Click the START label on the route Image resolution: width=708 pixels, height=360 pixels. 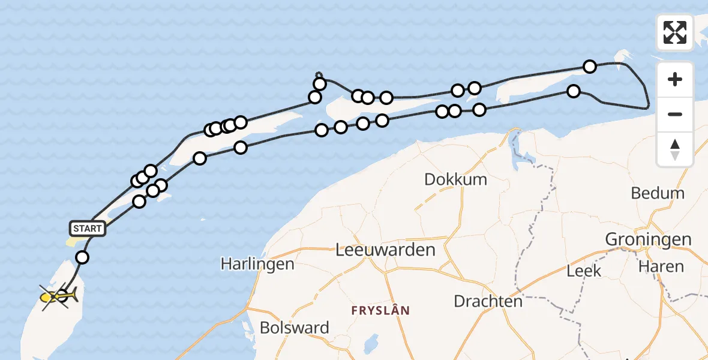(88, 228)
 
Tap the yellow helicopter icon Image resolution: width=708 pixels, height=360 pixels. (59, 296)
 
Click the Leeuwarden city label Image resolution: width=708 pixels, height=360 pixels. (386, 250)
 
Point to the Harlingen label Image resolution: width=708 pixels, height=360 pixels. (257, 263)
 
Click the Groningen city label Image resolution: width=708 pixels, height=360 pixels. (648, 239)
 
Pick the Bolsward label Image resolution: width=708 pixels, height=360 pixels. (295, 328)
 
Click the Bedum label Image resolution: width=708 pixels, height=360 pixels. (658, 193)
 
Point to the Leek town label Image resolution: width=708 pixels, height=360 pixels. (584, 271)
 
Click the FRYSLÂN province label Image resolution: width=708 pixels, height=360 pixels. (380, 310)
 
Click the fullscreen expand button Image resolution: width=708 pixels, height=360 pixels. (675, 32)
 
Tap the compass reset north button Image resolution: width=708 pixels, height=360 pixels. (675, 149)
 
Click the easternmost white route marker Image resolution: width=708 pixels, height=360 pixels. (590, 67)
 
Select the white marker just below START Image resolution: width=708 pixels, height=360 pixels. (82, 257)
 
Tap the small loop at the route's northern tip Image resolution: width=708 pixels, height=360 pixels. (318, 74)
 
